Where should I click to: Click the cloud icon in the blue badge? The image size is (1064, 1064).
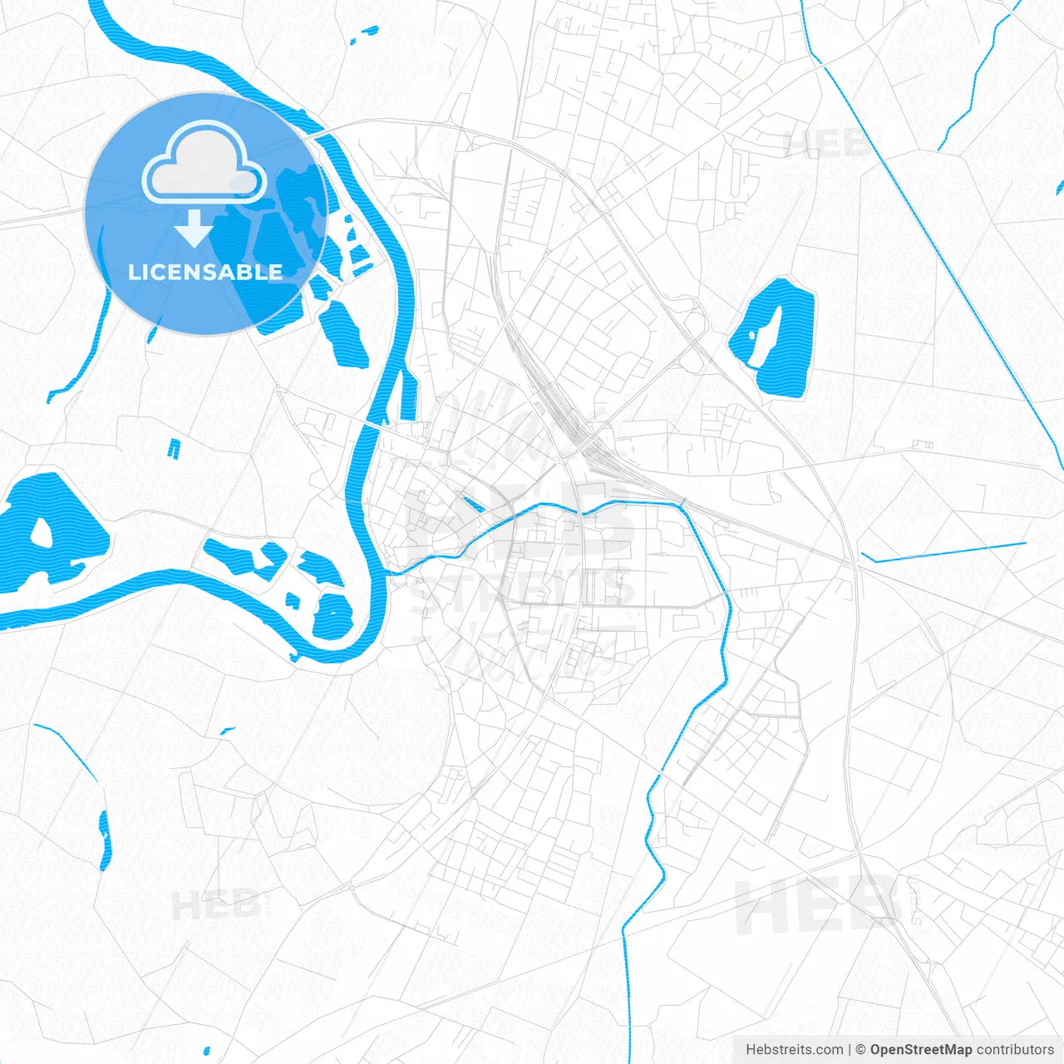[x=204, y=162]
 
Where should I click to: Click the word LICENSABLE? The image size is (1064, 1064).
[x=205, y=272]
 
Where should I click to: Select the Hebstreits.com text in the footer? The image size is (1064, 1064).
[x=794, y=1050]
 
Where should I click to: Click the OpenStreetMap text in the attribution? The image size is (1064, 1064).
[x=920, y=1050]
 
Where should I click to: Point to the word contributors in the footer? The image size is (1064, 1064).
[x=1015, y=1050]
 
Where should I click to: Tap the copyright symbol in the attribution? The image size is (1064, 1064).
[x=860, y=1050]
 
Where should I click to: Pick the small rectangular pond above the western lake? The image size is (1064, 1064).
[x=174, y=449]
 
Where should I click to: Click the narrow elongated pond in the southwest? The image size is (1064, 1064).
[x=105, y=840]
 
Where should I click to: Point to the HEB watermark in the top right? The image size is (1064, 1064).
[x=827, y=143]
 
